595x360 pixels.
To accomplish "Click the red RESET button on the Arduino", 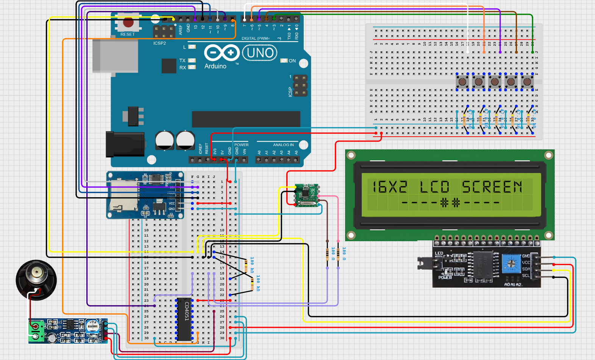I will click(x=128, y=23).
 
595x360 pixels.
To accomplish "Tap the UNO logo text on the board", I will click(x=260, y=53).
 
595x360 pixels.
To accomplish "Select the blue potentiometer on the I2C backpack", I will click(x=511, y=263).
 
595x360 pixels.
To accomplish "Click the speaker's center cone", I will click(x=36, y=272).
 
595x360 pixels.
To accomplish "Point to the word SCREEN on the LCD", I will click(x=492, y=187).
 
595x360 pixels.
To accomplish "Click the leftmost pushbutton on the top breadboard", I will click(x=462, y=81).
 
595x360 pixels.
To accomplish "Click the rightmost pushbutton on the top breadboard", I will click(x=527, y=81).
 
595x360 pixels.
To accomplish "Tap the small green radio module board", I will click(x=306, y=195).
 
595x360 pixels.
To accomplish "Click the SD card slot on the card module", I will click(x=123, y=199).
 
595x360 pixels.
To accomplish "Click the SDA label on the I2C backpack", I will click(x=526, y=269).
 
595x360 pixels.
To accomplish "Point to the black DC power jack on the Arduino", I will click(x=125, y=144).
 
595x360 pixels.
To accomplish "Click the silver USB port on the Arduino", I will click(x=115, y=56).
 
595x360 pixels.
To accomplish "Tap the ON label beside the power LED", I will click(x=292, y=61).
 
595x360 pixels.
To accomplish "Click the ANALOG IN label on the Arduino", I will click(x=283, y=145).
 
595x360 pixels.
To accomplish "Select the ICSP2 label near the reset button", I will click(x=159, y=43).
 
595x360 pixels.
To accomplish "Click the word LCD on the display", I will click(x=434, y=187).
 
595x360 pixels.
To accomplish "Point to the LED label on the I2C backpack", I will click(x=439, y=253).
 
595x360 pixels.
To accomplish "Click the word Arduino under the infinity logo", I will click(x=215, y=66).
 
